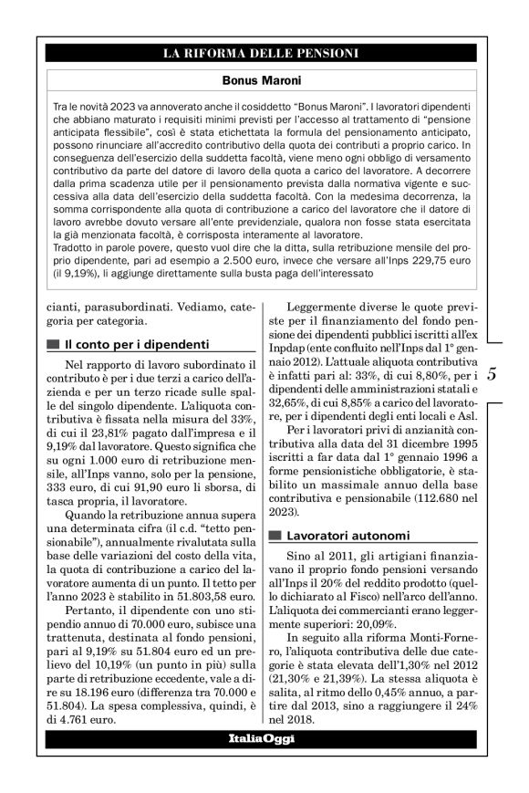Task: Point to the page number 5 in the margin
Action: pos(492,399)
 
